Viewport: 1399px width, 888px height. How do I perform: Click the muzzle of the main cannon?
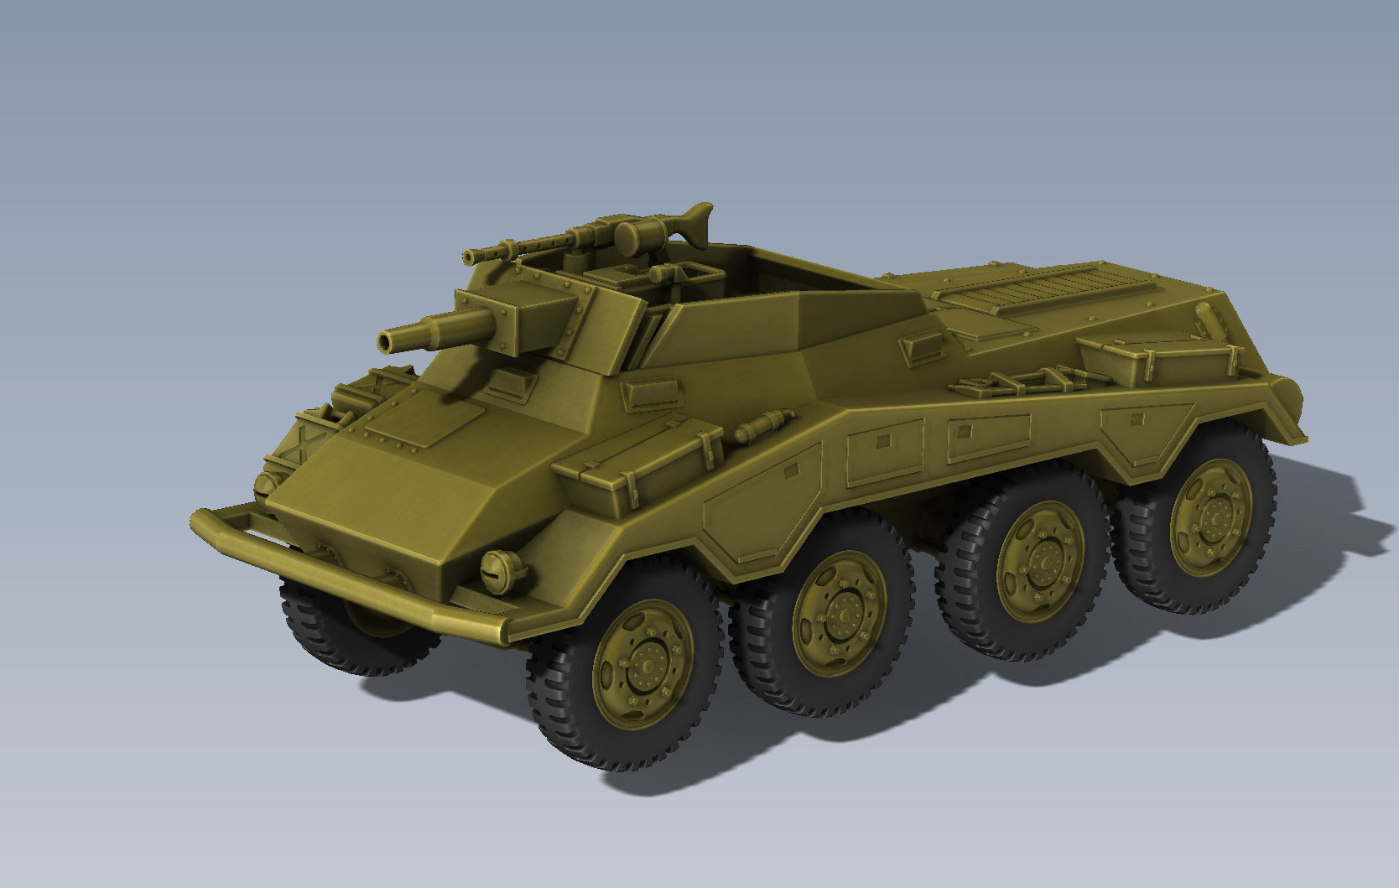pos(387,341)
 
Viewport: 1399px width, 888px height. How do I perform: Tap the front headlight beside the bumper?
pos(503,571)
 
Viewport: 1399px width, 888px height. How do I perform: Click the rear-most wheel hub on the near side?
pos(1212,517)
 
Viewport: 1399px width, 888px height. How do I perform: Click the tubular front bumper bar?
pos(335,570)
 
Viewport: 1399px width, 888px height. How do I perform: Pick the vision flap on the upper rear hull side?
pos(923,346)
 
